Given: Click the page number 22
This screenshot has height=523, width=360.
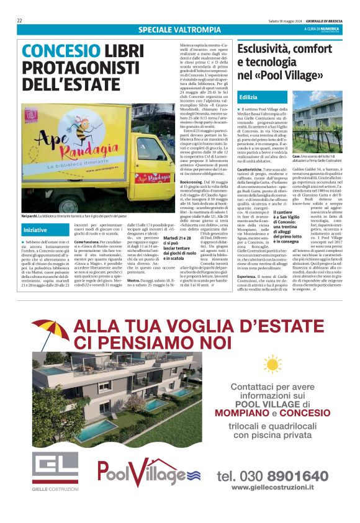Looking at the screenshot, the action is pyautogui.click(x=20, y=20).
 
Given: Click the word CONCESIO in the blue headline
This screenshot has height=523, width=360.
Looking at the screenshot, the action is pyautogui.click(x=60, y=51).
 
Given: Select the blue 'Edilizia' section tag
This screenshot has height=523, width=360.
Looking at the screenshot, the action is pyautogui.click(x=248, y=97).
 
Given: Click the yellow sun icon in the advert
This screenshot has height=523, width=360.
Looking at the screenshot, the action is pyautogui.click(x=271, y=364).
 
